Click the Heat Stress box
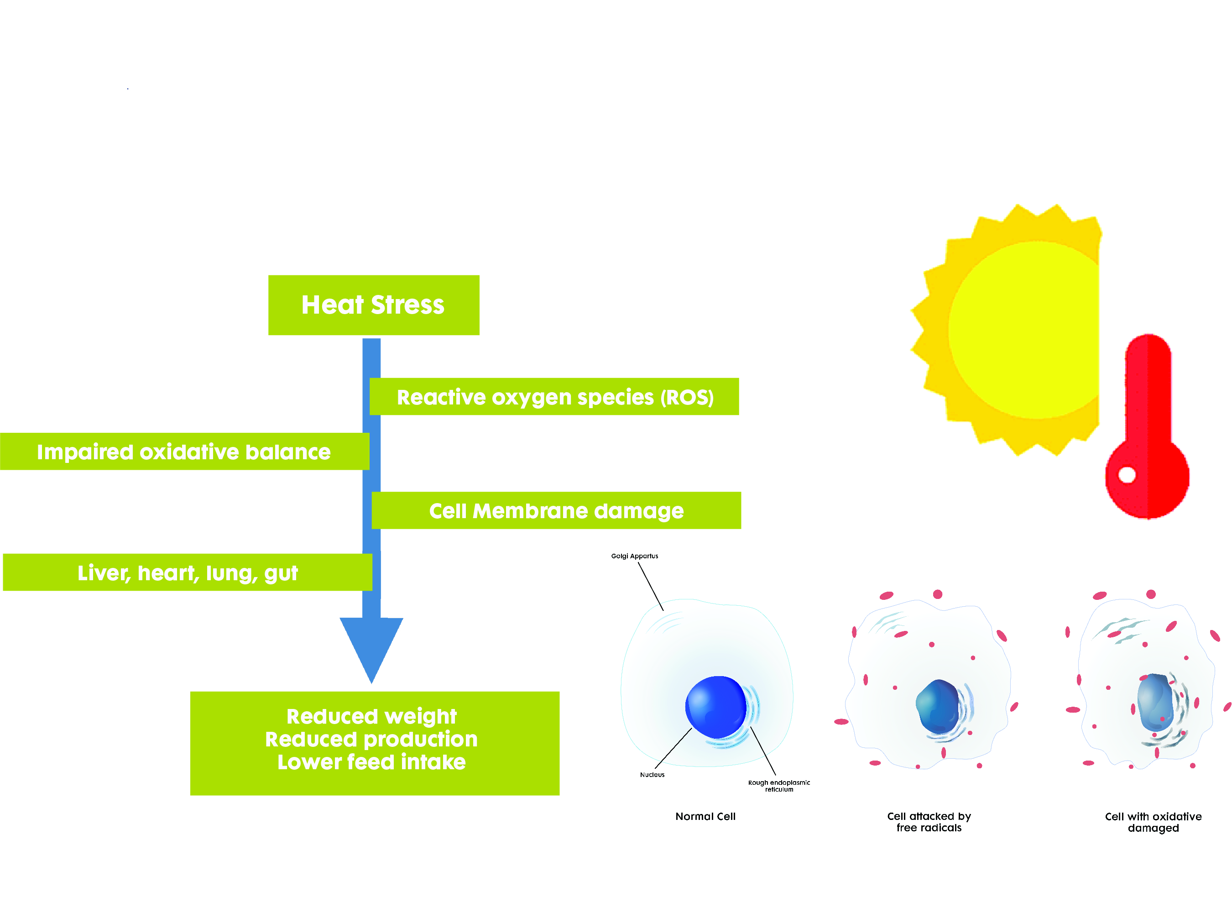373,305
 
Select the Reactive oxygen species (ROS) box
554,397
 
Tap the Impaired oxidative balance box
184,451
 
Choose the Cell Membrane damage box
556,510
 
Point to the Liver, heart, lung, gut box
187,572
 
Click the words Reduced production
371,739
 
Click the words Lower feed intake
371,762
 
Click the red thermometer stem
1148,390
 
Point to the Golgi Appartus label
634,556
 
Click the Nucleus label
652,775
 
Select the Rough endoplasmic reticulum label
778,786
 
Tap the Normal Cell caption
705,816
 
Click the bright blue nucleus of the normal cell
715,707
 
